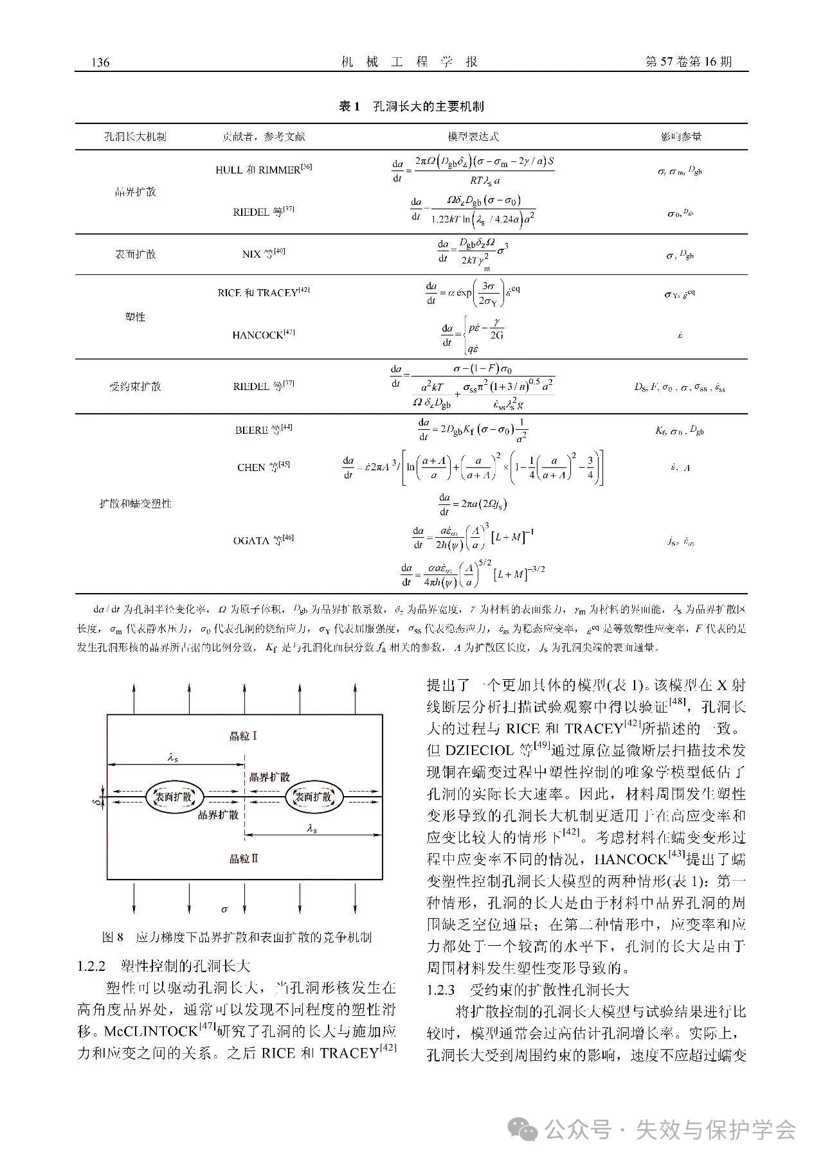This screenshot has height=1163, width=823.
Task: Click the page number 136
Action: tap(101, 62)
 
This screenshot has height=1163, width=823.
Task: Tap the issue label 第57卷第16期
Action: tap(687, 62)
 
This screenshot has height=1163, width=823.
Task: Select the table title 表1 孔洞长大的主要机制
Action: tap(411, 107)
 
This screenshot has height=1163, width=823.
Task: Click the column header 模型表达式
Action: tap(473, 137)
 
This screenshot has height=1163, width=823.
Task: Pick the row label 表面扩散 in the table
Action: tap(135, 254)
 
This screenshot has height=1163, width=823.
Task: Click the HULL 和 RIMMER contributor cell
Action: tap(264, 170)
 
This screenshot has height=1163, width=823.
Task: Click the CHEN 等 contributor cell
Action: tap(264, 466)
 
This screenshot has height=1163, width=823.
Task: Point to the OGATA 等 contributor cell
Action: tap(264, 540)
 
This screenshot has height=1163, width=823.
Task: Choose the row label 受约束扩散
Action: tap(135, 386)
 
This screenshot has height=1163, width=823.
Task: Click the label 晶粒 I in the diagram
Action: tap(244, 735)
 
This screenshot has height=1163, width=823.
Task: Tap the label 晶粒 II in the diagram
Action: tap(244, 858)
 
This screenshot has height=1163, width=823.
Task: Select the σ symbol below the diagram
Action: tap(224, 909)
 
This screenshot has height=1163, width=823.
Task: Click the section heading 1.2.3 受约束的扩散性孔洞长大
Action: tap(527, 990)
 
